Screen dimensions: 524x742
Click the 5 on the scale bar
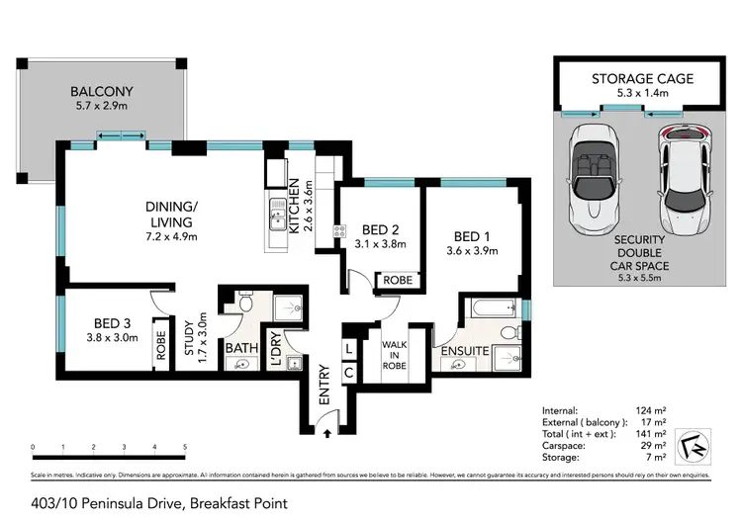185,448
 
